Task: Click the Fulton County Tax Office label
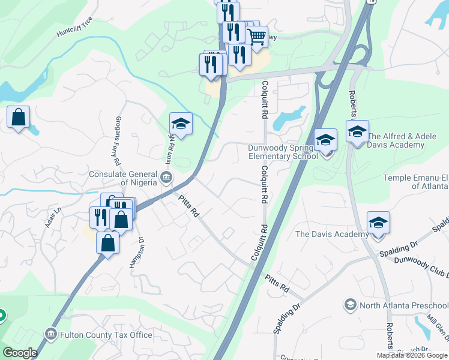point(106,335)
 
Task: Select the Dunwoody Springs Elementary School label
point(283,152)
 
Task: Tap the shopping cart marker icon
point(257,37)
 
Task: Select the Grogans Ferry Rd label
point(118,140)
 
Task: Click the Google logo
point(20,353)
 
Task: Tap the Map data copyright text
point(412,355)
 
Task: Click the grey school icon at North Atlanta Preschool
point(350,305)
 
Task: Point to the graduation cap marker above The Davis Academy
point(378,223)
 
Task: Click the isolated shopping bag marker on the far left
point(19,117)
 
